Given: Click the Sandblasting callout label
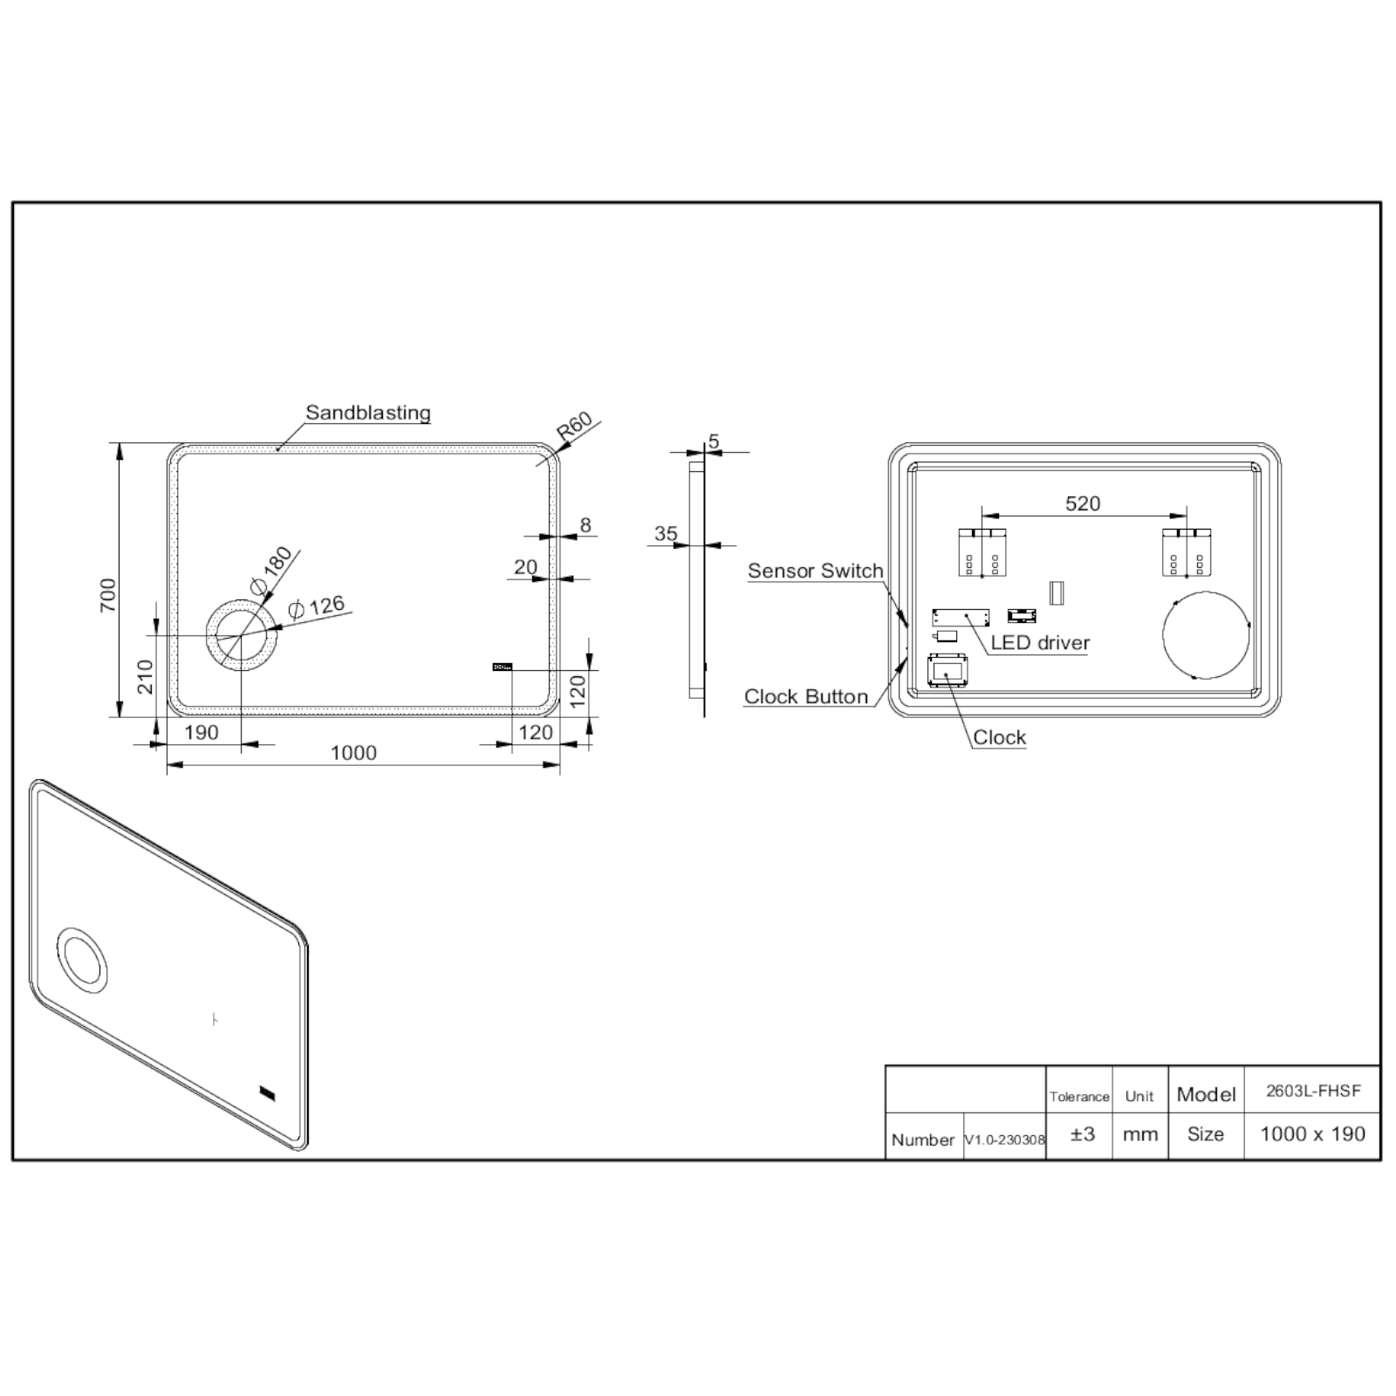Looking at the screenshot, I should [x=367, y=413].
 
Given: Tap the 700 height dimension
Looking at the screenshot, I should [x=108, y=594].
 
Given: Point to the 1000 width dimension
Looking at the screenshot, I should [x=353, y=753].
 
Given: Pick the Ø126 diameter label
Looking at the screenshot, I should [x=317, y=606].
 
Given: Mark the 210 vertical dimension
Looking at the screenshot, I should [x=146, y=676].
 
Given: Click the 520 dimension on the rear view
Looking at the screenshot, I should [x=1083, y=503].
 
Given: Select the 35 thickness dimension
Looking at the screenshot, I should [x=666, y=533].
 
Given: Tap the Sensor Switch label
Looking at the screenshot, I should [x=815, y=571].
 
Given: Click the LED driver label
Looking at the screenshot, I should [x=1040, y=643].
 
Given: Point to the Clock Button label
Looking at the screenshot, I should [x=805, y=696].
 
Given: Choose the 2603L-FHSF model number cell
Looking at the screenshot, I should [x=1312, y=1091].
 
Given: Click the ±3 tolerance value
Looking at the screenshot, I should [x=1082, y=1134].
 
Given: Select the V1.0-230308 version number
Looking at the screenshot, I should [x=1004, y=1140].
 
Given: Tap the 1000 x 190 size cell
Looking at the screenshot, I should [x=1312, y=1134].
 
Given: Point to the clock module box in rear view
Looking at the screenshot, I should [x=947, y=671].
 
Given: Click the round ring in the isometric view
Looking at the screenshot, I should [x=83, y=960].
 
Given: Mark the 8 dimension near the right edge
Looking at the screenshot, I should [x=585, y=524].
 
